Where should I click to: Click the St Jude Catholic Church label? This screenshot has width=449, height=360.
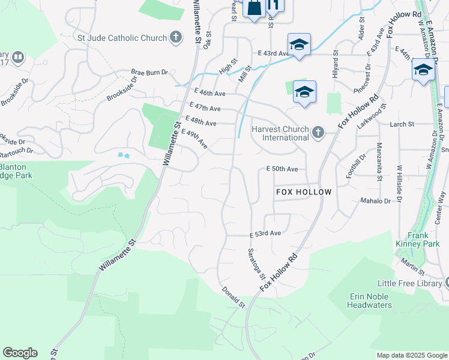point(122,38)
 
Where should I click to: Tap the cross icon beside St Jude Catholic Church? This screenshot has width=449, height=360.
point(176,38)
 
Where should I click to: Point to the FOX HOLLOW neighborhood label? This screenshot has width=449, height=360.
point(304,192)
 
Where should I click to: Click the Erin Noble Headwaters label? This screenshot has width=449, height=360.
point(369,301)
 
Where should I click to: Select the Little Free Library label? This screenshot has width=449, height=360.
point(409,283)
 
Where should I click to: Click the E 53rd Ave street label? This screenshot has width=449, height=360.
point(265,233)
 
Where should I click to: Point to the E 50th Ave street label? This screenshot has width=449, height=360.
point(282,169)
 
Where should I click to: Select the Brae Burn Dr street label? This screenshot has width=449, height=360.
point(149,73)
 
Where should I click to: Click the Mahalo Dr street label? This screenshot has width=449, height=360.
point(375,201)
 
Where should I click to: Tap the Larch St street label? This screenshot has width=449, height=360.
point(402,124)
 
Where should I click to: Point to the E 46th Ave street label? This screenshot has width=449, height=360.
point(210,94)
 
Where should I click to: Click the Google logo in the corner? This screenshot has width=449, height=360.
point(20,353)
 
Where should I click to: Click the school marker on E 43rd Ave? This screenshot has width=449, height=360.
point(299,45)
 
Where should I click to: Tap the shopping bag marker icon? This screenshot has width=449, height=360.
point(254,8)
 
